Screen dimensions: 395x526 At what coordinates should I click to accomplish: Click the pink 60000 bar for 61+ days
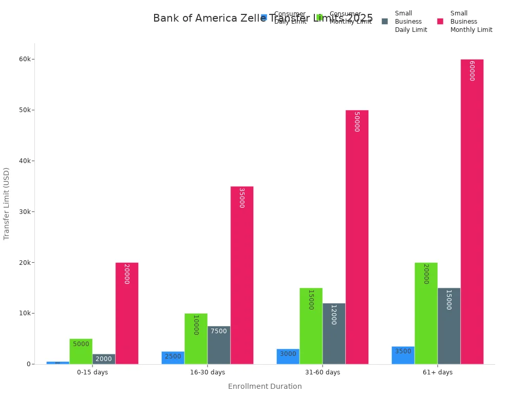[x=472, y=211]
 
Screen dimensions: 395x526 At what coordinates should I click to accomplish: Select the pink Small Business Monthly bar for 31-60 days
[x=356, y=237]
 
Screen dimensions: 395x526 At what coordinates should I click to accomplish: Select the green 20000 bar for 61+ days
[x=426, y=313]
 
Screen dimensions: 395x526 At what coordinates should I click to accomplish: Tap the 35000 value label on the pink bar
[x=241, y=197]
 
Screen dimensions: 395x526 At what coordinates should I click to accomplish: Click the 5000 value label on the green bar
[x=81, y=344]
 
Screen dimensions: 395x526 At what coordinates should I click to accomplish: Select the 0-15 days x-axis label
[x=92, y=372]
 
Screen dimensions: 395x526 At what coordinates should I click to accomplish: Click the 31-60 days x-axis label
[x=323, y=372]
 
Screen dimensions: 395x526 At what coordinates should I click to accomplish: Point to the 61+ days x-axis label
[x=438, y=372]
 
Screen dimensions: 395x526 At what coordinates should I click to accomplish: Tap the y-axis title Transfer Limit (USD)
[x=7, y=203]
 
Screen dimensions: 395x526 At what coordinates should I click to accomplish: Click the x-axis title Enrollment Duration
[x=265, y=386]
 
